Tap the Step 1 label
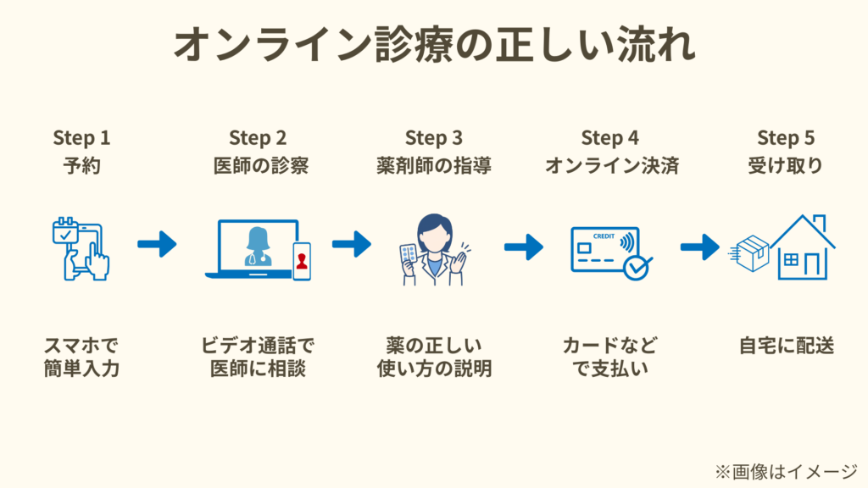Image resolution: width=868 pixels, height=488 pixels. (x=81, y=137)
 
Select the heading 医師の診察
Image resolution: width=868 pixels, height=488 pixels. (x=258, y=165)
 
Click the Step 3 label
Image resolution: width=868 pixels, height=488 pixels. (x=434, y=137)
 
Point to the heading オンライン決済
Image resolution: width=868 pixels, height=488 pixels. (x=610, y=165)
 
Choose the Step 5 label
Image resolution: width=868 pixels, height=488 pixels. (x=786, y=137)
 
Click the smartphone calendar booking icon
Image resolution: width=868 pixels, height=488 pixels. (x=81, y=247)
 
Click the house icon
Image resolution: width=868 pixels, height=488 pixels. (x=802, y=247)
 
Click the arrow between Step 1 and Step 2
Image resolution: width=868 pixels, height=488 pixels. (x=157, y=245)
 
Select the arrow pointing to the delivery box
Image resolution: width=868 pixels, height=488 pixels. (x=699, y=247)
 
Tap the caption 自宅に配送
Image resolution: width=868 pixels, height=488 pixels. (x=786, y=346)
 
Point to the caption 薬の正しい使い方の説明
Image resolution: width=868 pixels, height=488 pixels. (x=434, y=358)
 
